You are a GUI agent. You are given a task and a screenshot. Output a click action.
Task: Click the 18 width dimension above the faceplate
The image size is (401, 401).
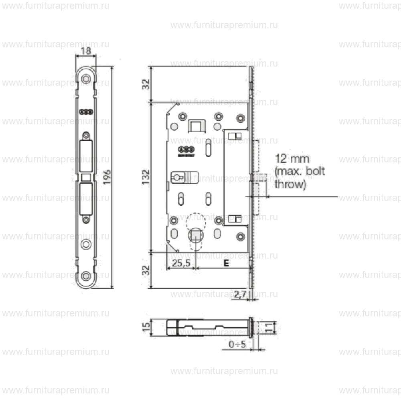85,51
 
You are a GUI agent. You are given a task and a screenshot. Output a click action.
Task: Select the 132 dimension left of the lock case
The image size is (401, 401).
146,177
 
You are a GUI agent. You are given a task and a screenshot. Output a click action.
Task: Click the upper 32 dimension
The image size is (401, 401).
146,84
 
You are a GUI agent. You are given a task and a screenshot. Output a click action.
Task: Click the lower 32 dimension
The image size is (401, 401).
146,270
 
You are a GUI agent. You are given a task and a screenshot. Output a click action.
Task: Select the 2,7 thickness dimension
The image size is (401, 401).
240,295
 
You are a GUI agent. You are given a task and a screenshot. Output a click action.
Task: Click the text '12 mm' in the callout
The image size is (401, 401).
292,158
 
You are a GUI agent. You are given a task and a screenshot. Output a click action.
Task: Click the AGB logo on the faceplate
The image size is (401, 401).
86,112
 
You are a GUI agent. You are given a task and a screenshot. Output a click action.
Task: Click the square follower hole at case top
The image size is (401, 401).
196,126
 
